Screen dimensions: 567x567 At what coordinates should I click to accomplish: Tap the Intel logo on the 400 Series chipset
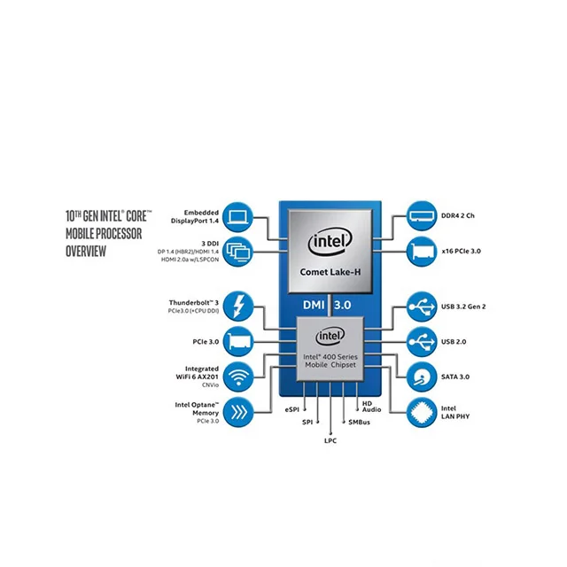[x=329, y=337]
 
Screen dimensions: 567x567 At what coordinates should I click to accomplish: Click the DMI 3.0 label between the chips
[x=329, y=305]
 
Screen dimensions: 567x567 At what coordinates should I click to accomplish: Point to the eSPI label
[x=293, y=410]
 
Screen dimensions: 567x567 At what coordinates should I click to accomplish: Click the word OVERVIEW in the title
[x=87, y=252]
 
